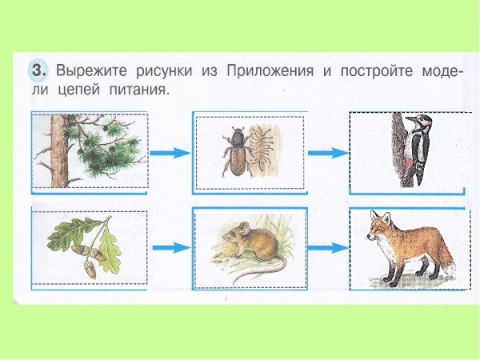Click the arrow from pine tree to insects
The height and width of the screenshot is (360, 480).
169,153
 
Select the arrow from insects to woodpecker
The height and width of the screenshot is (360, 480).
326,153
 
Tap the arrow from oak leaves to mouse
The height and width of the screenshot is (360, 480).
169,249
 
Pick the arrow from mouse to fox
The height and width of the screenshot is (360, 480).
326,249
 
